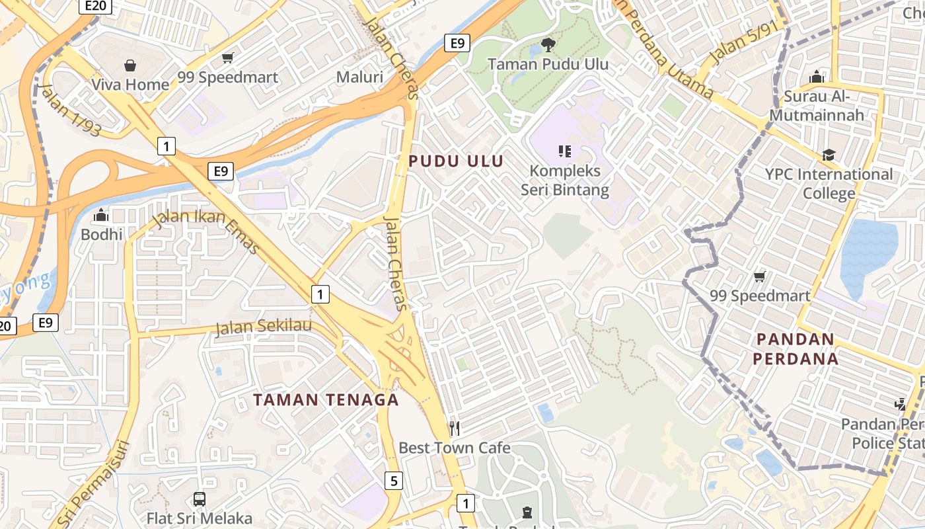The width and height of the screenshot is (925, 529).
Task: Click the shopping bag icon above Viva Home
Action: click(x=130, y=65)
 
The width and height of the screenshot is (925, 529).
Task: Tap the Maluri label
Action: click(x=359, y=77)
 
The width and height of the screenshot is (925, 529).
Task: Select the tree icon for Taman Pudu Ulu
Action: click(x=548, y=45)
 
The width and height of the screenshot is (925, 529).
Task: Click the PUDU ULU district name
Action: click(x=456, y=161)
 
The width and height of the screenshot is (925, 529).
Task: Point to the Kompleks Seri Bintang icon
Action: click(x=564, y=151)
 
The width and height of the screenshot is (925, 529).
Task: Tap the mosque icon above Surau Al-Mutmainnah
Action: click(x=817, y=77)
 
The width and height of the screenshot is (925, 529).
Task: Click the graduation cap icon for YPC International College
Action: click(x=829, y=155)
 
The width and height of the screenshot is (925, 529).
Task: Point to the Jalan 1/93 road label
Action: click(x=69, y=110)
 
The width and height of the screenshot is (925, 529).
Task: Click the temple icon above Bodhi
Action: click(x=101, y=215)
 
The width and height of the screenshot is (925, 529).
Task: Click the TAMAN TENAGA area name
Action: click(x=326, y=399)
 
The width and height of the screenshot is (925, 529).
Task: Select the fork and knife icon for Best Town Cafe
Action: click(x=454, y=428)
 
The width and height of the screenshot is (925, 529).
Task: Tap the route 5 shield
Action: click(x=394, y=481)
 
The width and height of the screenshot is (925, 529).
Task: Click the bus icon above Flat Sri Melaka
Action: click(x=200, y=499)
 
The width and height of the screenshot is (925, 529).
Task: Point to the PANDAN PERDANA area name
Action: click(x=797, y=349)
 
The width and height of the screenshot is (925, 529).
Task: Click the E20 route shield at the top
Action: click(x=95, y=6)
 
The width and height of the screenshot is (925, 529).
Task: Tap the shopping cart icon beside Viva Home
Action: click(x=228, y=58)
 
